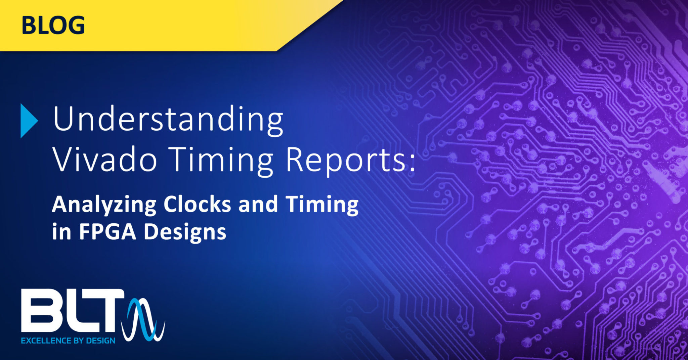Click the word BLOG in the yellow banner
(x=53, y=26)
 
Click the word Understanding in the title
(x=168, y=120)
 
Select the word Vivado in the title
(x=105, y=161)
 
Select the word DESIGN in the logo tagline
(x=100, y=341)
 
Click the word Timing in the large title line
(x=221, y=161)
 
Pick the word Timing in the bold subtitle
(x=322, y=205)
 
